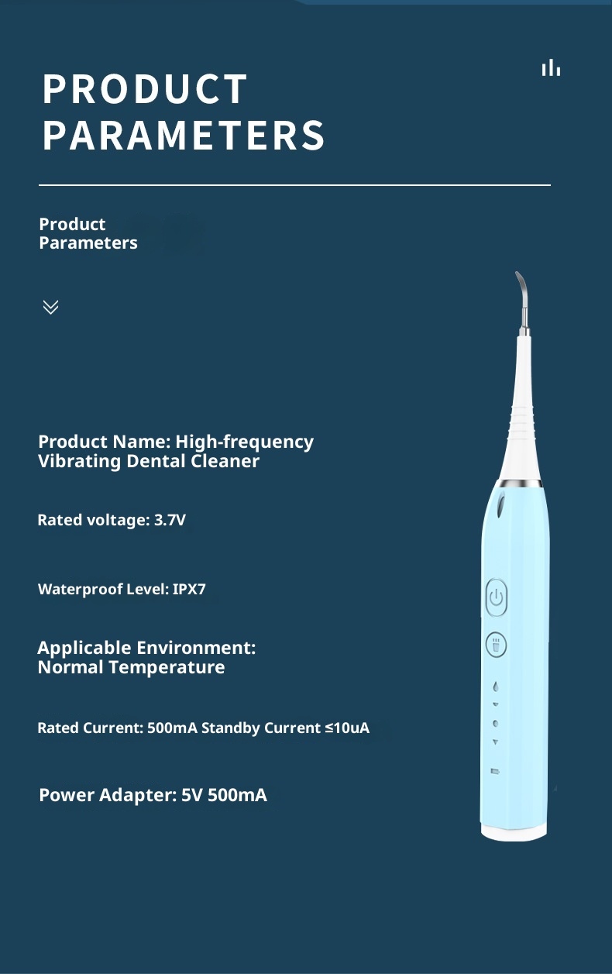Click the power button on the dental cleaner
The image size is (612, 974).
[x=497, y=598]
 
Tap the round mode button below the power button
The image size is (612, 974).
[x=496, y=645]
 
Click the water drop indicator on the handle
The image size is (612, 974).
[x=495, y=686]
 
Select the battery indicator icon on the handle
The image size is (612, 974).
[x=494, y=771]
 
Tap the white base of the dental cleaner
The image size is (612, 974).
[x=514, y=831]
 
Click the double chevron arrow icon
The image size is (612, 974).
[x=50, y=307]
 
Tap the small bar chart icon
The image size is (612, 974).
[x=551, y=68]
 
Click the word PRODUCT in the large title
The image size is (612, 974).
[x=145, y=89]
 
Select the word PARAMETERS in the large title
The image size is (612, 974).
[x=184, y=136]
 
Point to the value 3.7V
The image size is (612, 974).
[x=170, y=520]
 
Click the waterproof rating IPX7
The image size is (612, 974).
[x=189, y=590]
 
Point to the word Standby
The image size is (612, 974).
[x=230, y=728]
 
